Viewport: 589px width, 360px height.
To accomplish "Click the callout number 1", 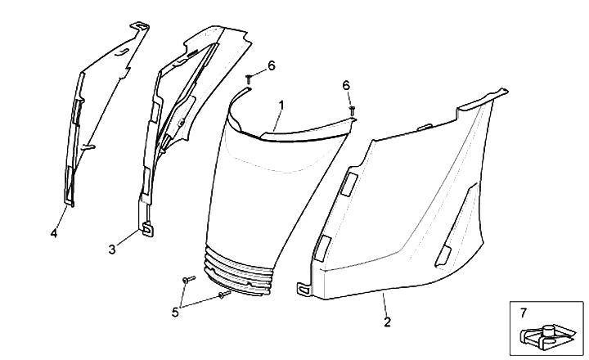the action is [281, 105].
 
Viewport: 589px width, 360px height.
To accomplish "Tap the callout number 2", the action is [387, 322].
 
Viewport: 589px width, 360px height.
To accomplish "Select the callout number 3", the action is [112, 249].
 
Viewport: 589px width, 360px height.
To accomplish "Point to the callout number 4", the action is [54, 233].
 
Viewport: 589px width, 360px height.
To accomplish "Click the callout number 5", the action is [175, 312].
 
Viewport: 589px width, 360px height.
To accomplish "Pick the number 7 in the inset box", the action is [524, 313].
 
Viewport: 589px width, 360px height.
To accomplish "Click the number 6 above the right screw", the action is [346, 86].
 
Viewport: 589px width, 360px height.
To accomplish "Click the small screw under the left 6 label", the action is [249, 79].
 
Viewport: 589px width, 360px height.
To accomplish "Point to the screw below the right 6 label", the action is [353, 110].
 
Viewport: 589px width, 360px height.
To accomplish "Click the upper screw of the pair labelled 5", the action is [189, 279].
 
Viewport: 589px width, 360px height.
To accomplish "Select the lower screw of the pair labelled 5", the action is [224, 295].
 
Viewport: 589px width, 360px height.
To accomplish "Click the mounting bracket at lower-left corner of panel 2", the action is [303, 289].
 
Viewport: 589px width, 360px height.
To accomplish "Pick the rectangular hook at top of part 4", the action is [140, 26].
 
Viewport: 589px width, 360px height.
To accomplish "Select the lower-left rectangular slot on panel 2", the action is [322, 248].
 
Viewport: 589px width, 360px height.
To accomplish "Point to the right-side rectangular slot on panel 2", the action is [443, 254].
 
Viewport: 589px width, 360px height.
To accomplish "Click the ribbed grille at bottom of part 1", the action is [237, 272].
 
